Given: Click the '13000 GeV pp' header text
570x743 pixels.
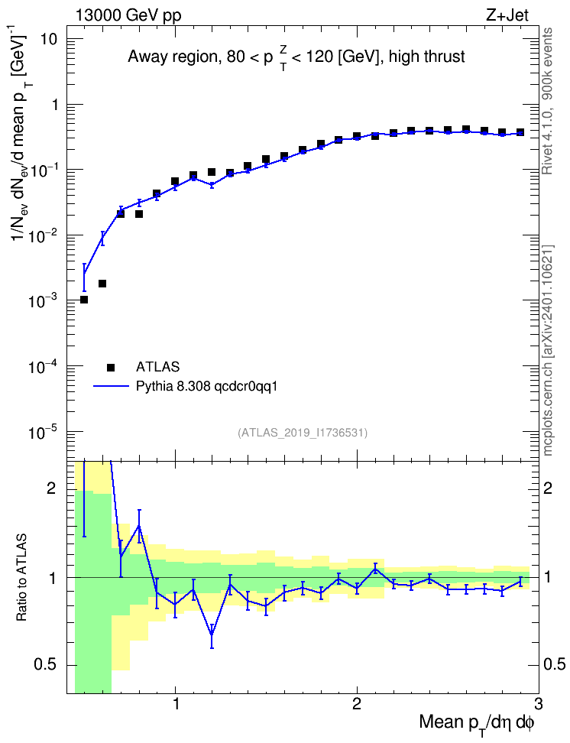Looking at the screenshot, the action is click(x=128, y=15).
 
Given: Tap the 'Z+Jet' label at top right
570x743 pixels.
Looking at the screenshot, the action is click(x=507, y=15).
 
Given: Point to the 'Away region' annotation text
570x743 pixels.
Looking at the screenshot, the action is click(x=172, y=57).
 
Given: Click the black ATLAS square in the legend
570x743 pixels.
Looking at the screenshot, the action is click(x=111, y=367).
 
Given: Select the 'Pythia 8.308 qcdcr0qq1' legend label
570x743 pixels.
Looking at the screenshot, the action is click(x=206, y=387).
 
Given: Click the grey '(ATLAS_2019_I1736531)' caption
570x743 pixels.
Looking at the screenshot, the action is click(x=303, y=432).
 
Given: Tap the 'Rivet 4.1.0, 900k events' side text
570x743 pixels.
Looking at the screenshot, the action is click(x=547, y=101).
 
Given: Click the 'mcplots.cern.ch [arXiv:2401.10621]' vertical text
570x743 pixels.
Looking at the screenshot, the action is click(x=548, y=351).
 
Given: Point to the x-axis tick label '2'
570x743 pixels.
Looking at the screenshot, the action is click(x=357, y=704).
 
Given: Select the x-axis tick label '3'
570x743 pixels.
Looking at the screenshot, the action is click(x=538, y=704).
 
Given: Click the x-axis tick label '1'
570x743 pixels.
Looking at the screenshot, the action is click(x=176, y=704).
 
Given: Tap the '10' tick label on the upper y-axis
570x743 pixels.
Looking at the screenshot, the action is click(x=48, y=39).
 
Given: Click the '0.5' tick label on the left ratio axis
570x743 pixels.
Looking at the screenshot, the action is click(x=45, y=665).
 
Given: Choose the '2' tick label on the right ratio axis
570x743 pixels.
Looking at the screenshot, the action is click(x=548, y=488).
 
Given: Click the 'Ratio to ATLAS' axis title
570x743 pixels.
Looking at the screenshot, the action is click(x=22, y=578).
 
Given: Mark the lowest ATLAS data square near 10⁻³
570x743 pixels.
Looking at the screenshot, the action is click(x=84, y=300).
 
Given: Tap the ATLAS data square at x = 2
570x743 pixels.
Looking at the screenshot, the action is click(x=357, y=137).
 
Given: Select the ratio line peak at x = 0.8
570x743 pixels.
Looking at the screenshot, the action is click(x=139, y=525).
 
